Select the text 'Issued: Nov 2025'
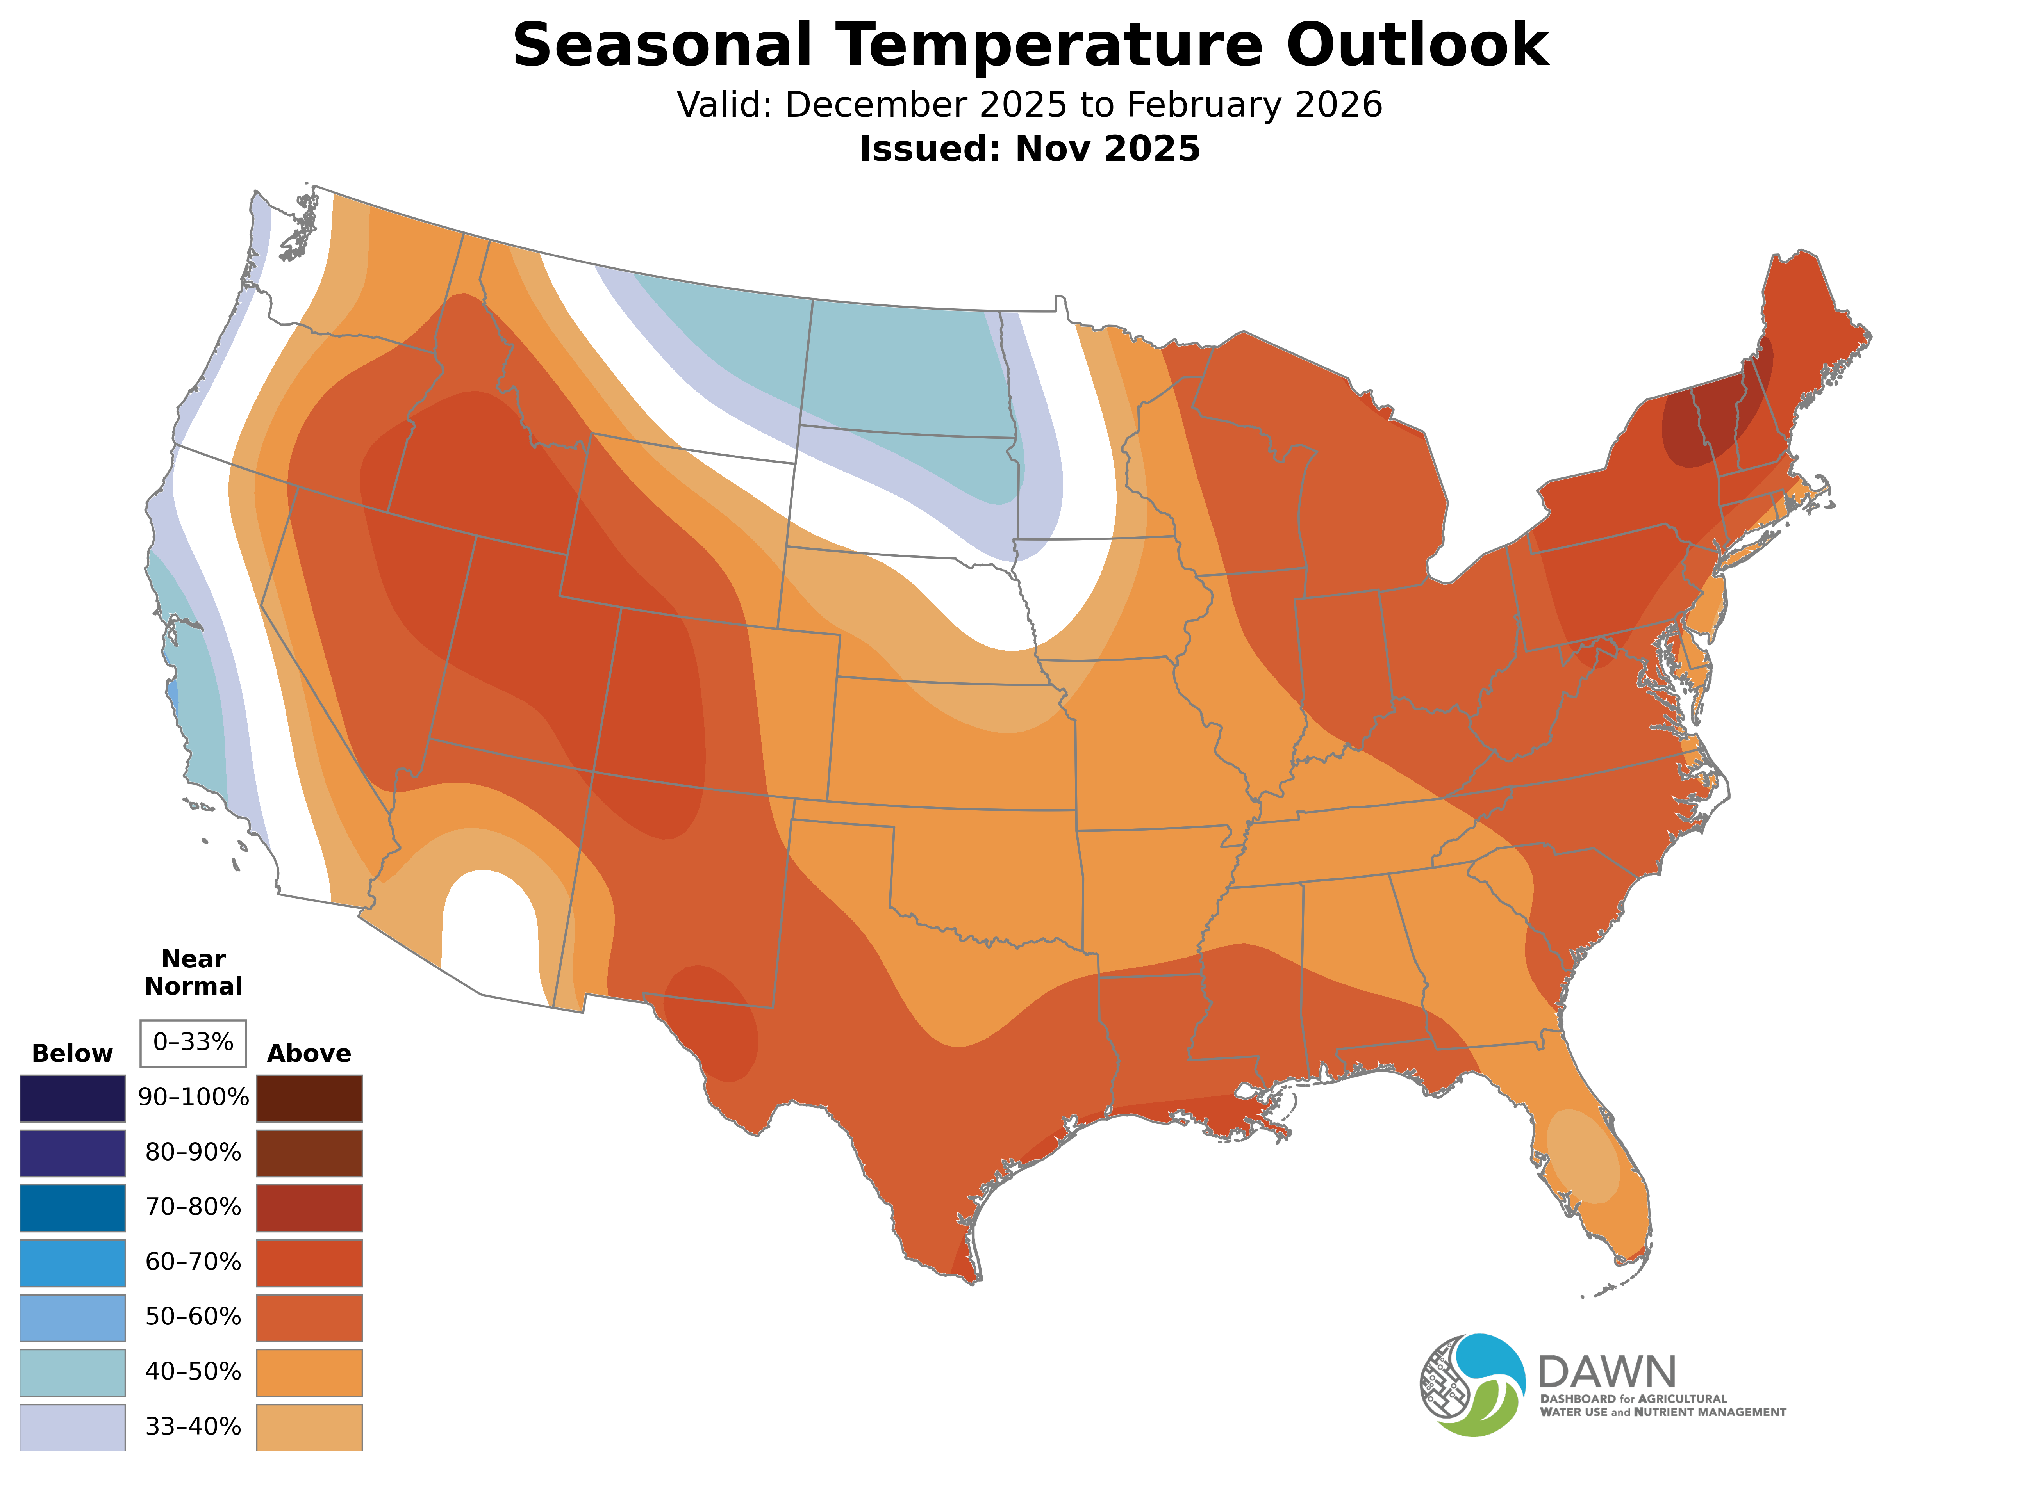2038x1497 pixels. point(1030,149)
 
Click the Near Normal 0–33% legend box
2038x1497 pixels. point(193,1043)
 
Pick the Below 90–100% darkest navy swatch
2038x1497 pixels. point(73,1098)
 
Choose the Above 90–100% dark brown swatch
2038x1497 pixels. point(309,1098)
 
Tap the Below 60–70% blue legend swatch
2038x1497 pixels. point(73,1262)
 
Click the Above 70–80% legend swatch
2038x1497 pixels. point(309,1208)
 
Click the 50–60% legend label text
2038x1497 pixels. point(193,1317)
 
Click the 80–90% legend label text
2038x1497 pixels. point(193,1153)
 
